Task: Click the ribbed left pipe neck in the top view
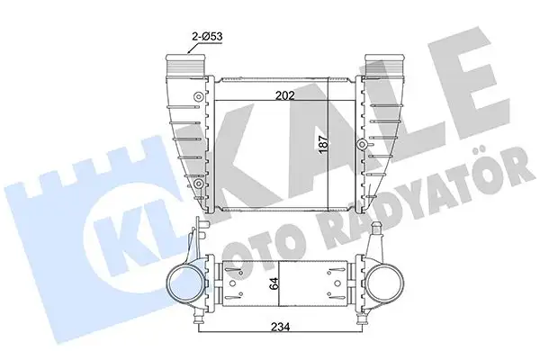(x=183, y=67)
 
